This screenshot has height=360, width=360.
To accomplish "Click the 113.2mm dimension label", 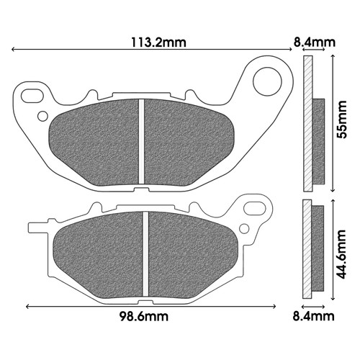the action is click(158, 42).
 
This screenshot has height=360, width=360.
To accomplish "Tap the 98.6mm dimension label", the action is click(144, 317).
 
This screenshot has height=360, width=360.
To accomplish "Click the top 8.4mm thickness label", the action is click(314, 42).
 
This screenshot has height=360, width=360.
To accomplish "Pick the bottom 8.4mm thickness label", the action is click(313, 316).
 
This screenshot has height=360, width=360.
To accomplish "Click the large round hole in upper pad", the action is click(267, 81).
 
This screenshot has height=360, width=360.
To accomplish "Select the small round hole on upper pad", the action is click(43, 116).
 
